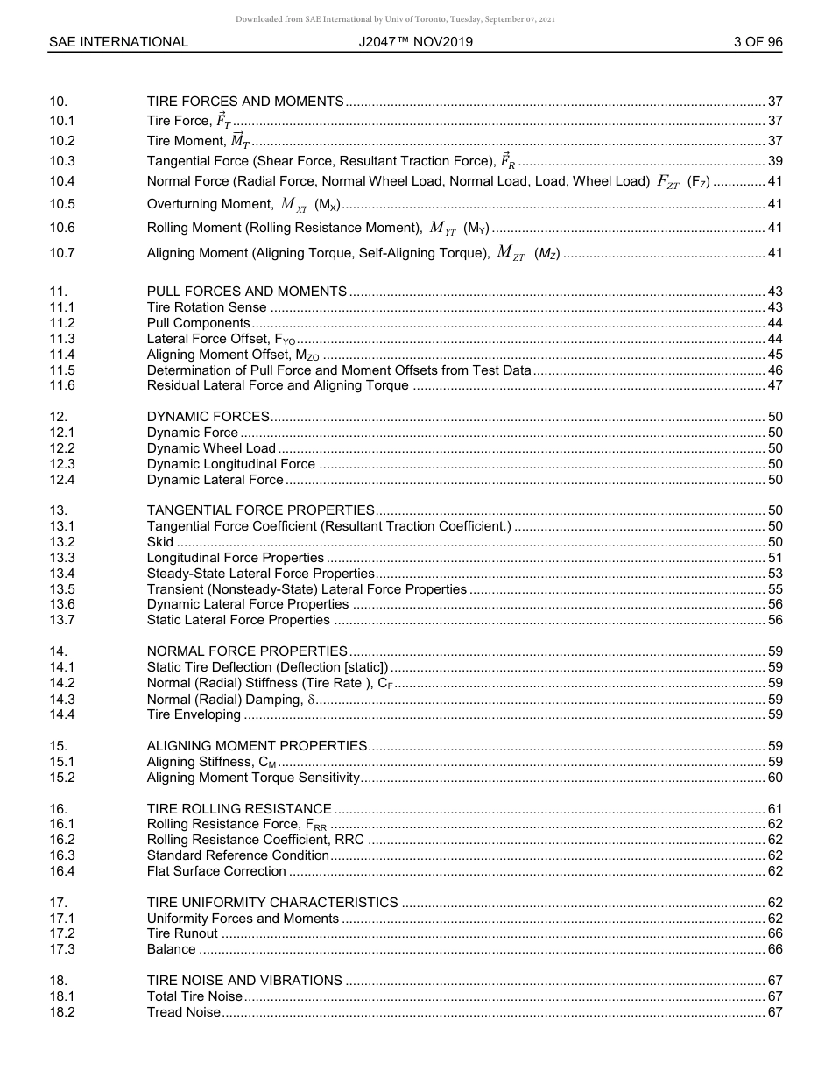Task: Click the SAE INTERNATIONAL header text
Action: click(x=118, y=42)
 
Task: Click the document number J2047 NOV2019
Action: click(x=416, y=42)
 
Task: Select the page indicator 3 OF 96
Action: click(x=758, y=42)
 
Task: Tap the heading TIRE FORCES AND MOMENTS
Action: click(x=245, y=102)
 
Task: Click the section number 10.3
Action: click(x=62, y=161)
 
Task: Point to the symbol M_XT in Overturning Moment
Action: click(x=293, y=205)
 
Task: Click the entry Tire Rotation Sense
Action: click(x=207, y=307)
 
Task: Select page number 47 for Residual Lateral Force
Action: click(x=774, y=385)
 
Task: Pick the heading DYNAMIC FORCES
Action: click(x=208, y=417)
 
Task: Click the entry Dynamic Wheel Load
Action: click(x=211, y=448)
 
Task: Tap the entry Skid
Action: click(x=160, y=542)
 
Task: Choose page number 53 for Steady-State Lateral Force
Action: click(x=774, y=574)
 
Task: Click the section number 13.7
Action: click(x=62, y=620)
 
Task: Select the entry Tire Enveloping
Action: click(x=194, y=714)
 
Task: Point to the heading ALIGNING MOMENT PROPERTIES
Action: click(x=257, y=746)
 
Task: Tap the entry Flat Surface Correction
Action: click(x=216, y=871)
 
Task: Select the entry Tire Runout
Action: click(x=182, y=933)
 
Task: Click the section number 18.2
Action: click(x=62, y=1012)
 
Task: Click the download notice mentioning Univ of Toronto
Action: click(x=395, y=19)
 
